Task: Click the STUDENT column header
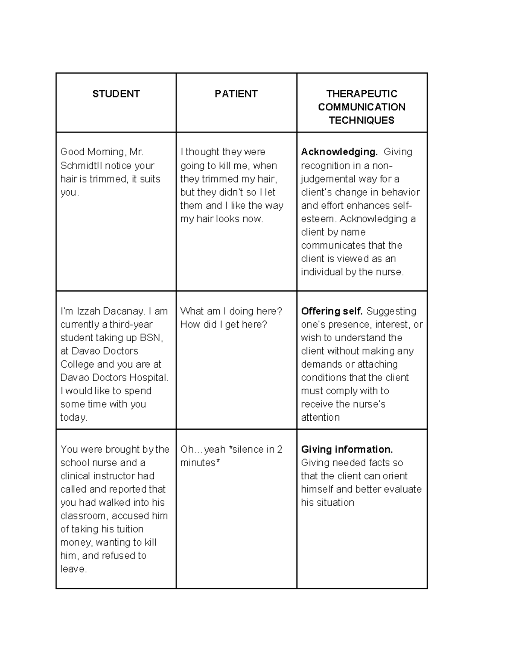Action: (116, 94)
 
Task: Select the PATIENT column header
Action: (236, 94)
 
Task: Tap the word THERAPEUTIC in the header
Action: (362, 94)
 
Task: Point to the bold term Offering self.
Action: (332, 311)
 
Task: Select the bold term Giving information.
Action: (347, 449)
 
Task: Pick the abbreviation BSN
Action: (151, 338)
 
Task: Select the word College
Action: (77, 364)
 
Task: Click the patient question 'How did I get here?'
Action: (224, 325)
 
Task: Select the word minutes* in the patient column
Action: (200, 463)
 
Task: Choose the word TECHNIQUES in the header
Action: (362, 121)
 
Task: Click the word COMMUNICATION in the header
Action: (362, 107)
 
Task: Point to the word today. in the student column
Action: (74, 417)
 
